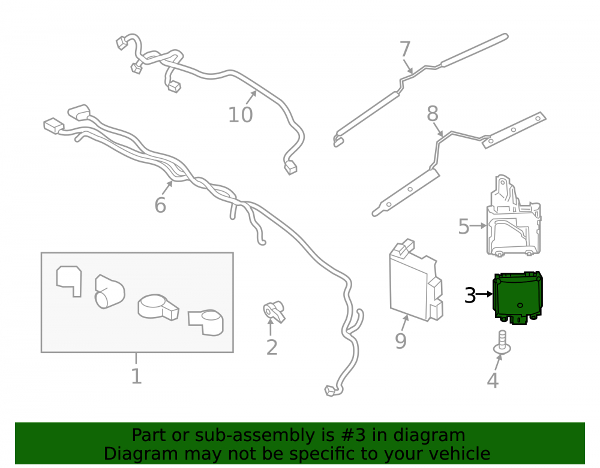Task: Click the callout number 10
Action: coord(241,114)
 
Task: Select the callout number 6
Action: coord(160,205)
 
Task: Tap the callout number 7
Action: coord(405,49)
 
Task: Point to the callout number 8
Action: coord(433,113)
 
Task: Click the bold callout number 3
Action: coord(470,295)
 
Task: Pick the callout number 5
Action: coord(463,227)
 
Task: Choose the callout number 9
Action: coord(401,341)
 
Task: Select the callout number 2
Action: coord(272,348)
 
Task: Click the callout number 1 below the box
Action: coord(137,376)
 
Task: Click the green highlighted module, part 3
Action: coord(518,298)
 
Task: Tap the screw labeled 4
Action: coord(502,343)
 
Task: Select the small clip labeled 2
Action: coord(274,312)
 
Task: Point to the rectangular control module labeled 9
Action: coord(416,282)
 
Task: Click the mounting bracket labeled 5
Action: coord(514,216)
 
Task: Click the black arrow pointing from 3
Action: coord(484,294)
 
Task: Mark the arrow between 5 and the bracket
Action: coord(478,226)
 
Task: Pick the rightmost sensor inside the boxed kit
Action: coord(206,322)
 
